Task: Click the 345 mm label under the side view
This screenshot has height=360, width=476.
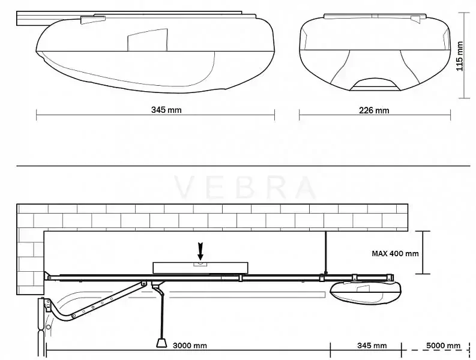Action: (x=166, y=110)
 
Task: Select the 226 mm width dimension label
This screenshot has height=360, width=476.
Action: (x=374, y=110)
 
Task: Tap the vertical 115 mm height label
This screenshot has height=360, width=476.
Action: (x=460, y=56)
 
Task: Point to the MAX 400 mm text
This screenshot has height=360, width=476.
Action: (x=395, y=253)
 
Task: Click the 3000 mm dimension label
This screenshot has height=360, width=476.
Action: (x=190, y=346)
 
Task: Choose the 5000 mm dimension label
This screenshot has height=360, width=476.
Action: (x=443, y=346)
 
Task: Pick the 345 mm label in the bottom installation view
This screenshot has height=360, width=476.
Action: (x=372, y=346)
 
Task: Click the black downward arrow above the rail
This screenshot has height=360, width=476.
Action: (x=200, y=251)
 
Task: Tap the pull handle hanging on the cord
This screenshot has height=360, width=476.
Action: (x=161, y=343)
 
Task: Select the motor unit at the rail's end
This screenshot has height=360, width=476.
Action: (x=366, y=292)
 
